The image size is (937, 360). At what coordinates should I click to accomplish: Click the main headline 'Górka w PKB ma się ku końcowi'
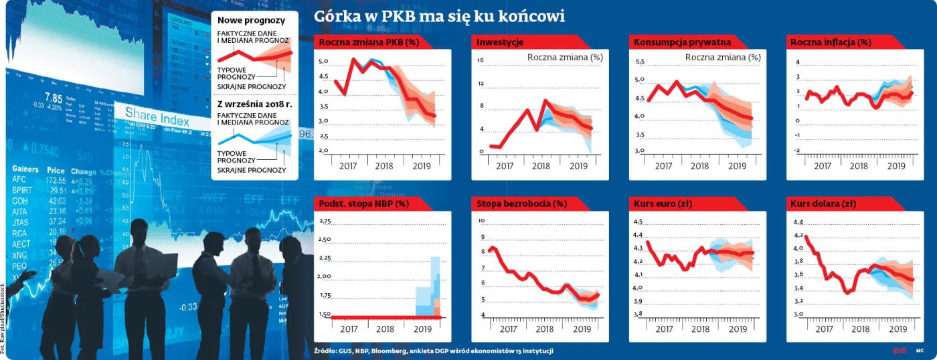[x=440, y=15]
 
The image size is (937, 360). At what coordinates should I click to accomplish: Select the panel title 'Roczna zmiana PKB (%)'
[x=369, y=42]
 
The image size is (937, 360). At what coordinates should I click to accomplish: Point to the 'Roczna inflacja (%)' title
[x=831, y=42]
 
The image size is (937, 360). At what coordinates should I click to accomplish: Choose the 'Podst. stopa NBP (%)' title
[x=364, y=203]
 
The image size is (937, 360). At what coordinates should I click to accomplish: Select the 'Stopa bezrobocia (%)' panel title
[x=521, y=203]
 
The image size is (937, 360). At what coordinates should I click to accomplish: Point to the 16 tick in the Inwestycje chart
[x=480, y=60]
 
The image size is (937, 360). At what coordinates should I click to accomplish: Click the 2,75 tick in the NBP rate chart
[x=325, y=221]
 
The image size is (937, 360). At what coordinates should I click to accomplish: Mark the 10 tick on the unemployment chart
[x=480, y=221]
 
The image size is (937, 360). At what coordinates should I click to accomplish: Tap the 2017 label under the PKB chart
[x=349, y=166]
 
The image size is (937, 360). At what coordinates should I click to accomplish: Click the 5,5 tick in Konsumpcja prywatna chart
[x=638, y=62]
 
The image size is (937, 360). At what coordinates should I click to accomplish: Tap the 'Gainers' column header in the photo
[x=25, y=169]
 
